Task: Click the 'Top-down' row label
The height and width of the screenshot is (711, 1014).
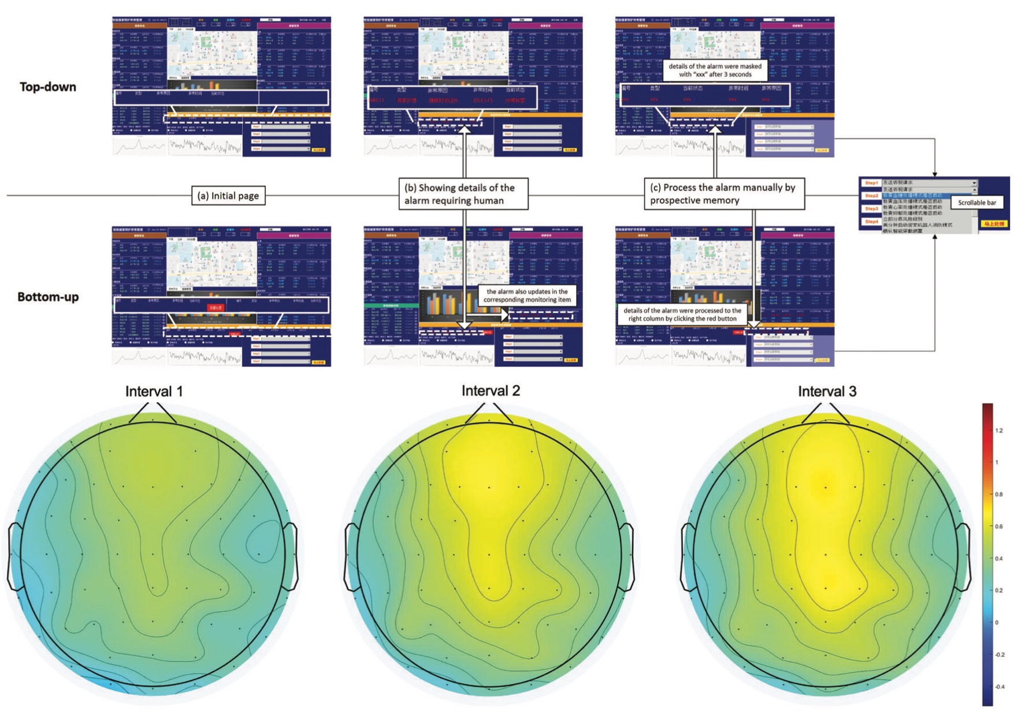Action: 48,87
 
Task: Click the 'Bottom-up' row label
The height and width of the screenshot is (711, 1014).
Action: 48,297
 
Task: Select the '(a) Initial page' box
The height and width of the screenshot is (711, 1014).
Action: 228,196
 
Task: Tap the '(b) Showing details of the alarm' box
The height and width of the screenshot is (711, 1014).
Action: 463,194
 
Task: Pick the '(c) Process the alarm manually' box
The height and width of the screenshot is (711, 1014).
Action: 723,194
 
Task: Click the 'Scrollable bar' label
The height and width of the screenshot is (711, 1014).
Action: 977,203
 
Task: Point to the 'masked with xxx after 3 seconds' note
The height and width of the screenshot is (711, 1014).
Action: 715,70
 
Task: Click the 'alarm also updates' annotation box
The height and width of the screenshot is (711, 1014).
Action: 527,295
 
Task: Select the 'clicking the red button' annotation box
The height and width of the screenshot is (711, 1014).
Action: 682,315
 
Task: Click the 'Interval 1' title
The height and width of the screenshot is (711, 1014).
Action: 154,391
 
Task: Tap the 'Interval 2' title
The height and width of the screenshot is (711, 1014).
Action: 491,391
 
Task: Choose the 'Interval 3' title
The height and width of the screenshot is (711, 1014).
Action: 827,391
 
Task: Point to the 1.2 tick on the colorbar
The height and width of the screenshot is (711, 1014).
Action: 999,431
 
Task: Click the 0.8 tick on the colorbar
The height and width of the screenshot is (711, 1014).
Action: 999,495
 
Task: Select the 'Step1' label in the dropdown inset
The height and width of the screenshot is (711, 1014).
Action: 871,183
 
